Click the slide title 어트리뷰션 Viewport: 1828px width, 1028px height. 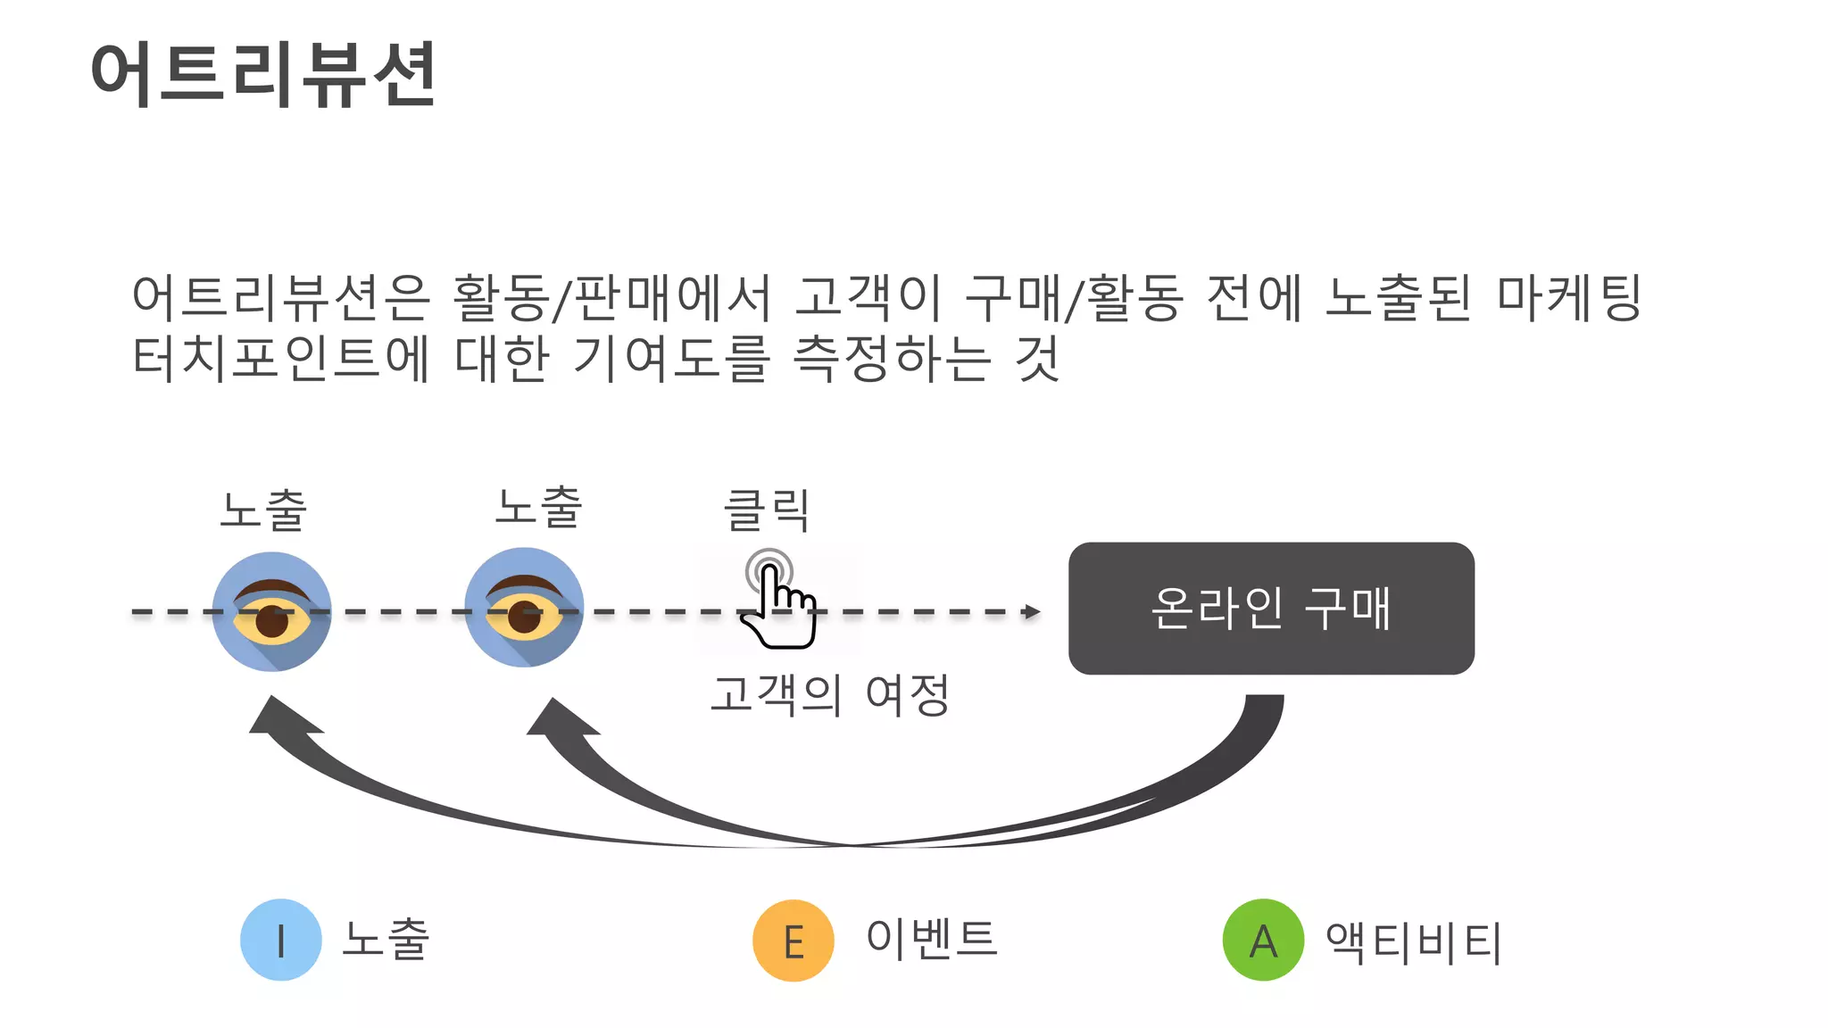point(263,75)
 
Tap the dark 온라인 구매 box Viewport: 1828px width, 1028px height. point(1270,608)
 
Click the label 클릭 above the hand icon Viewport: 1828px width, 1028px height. point(767,510)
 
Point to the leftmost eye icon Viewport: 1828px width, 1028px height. point(271,611)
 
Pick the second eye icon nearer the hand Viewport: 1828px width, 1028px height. point(524,607)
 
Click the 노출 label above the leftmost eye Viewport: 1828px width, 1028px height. point(263,510)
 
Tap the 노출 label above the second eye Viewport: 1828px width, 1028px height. point(539,507)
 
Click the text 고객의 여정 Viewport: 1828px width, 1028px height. point(829,694)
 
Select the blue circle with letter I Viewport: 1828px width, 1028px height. point(281,940)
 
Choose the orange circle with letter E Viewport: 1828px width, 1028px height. point(794,941)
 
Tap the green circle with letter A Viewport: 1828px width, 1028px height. point(1263,940)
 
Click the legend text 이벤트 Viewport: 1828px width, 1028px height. point(931,938)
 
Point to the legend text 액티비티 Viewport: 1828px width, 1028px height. point(1414,941)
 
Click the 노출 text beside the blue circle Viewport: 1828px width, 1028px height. point(386,939)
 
